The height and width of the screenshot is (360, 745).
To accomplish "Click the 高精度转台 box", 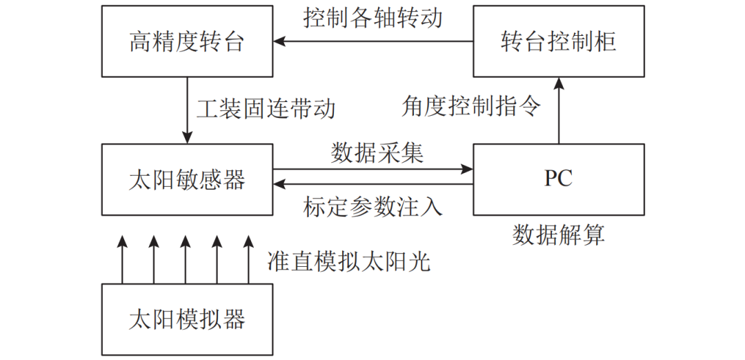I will [x=187, y=42].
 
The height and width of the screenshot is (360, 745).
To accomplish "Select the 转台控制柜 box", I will [x=559, y=42].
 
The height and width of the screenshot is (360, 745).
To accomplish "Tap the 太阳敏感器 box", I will [x=187, y=179].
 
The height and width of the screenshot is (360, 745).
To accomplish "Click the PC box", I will [x=559, y=179].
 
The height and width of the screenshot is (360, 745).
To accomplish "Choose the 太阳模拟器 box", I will [x=187, y=319].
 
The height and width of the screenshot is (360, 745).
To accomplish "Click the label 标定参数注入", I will [x=373, y=207].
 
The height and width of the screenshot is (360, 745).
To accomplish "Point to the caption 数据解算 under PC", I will [x=559, y=234].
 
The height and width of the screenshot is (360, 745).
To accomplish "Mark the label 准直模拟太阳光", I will [x=348, y=261].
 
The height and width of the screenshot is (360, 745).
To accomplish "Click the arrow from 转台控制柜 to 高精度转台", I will [x=373, y=42].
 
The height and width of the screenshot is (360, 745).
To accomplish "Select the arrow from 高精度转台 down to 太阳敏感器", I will [x=187, y=110].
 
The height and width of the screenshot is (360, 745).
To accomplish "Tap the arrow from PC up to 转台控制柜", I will [x=559, y=110].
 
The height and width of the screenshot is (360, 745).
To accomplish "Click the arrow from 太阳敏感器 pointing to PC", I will [x=373, y=169].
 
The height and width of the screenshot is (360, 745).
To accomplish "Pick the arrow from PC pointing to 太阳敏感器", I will [x=373, y=183].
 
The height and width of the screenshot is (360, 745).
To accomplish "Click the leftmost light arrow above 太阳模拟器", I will [x=122, y=259].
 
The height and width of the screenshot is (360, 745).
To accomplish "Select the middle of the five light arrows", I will [x=185, y=259].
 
